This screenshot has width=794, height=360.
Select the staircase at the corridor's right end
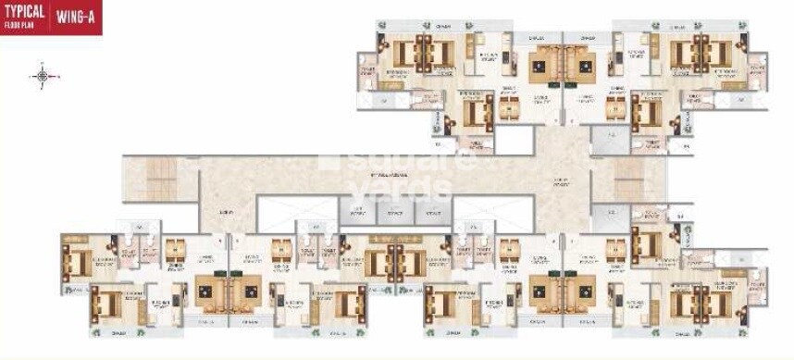click(635, 176)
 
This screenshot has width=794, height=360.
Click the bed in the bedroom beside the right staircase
click(649, 244)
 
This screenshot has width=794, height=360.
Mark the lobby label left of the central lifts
click(228, 212)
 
